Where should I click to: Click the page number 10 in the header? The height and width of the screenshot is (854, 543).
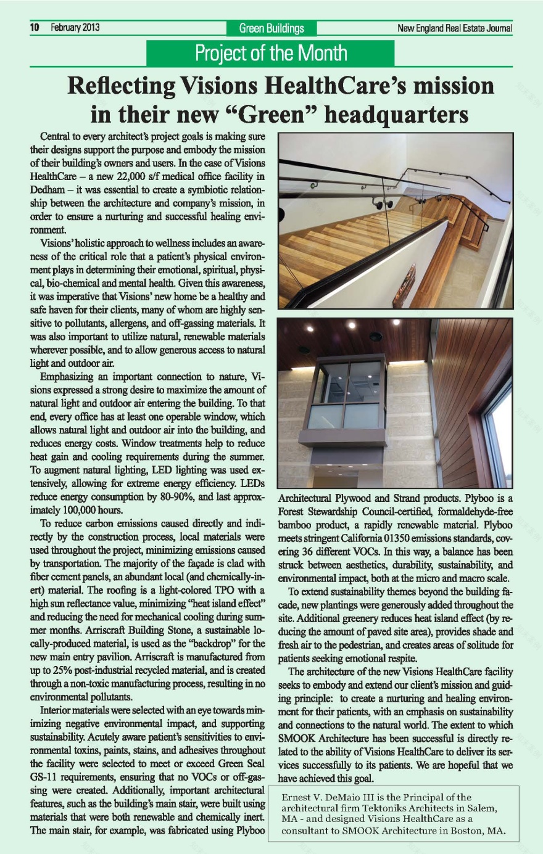35,28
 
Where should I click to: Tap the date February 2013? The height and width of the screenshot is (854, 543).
75,28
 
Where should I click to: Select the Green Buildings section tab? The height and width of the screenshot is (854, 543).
271,28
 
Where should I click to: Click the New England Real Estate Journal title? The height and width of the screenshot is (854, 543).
455,28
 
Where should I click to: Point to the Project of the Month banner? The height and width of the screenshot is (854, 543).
271,53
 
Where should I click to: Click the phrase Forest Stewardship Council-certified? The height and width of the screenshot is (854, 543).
352,511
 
